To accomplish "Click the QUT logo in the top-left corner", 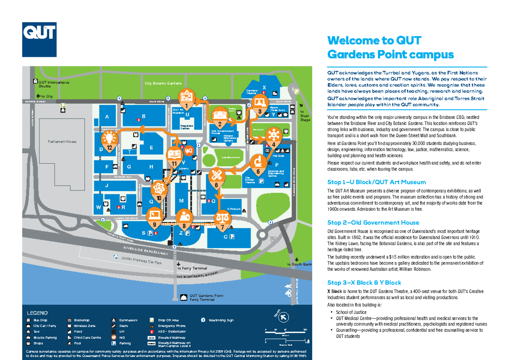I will (39, 39).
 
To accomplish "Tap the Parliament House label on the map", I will (62, 142).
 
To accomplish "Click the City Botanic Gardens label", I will (163, 84).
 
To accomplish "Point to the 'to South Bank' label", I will (299, 265).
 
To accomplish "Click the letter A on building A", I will (107, 117).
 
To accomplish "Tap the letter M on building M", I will (181, 201).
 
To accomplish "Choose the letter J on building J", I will (107, 185).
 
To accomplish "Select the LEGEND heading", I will (38, 313).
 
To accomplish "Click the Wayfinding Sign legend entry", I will (221, 320).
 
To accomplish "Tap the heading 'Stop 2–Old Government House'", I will (373, 222).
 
